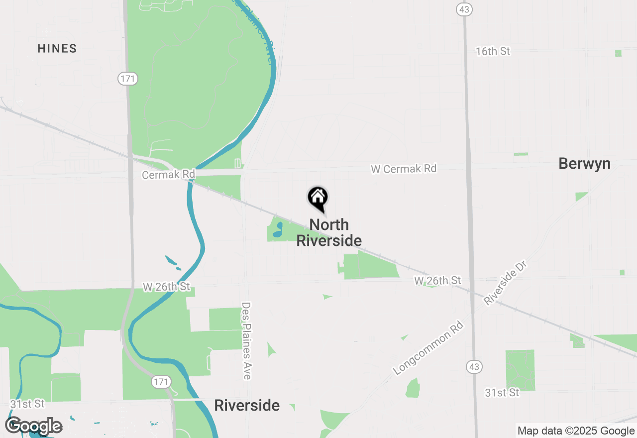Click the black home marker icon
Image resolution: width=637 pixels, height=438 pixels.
[x=318, y=198]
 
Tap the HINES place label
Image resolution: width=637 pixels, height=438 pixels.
[x=57, y=49]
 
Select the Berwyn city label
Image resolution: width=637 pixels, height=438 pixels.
[x=584, y=164]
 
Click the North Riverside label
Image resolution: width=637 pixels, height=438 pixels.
[x=329, y=232]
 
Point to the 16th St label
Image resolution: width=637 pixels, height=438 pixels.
[x=493, y=51]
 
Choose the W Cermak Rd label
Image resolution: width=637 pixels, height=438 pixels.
[x=403, y=169]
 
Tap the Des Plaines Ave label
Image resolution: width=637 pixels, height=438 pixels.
[x=246, y=340]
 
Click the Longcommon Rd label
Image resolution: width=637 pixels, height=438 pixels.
[x=428, y=348]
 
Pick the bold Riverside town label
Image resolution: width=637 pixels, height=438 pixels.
[x=247, y=406]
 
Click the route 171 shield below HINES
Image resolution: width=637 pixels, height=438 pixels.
[x=127, y=79]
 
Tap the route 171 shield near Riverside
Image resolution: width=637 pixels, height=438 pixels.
[x=160, y=382]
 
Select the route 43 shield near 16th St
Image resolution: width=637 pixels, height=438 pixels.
[x=464, y=9]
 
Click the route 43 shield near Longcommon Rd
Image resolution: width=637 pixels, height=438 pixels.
[x=474, y=367]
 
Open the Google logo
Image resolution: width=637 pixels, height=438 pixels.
[x=34, y=426]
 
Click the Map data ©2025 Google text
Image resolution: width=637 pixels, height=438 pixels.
[x=576, y=431]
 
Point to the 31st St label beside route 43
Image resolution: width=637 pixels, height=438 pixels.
[x=502, y=393]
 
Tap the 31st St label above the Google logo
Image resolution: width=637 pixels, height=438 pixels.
[x=27, y=404]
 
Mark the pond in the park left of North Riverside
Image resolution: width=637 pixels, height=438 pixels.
[x=278, y=229]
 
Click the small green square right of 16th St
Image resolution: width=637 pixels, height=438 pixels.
[x=618, y=53]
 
